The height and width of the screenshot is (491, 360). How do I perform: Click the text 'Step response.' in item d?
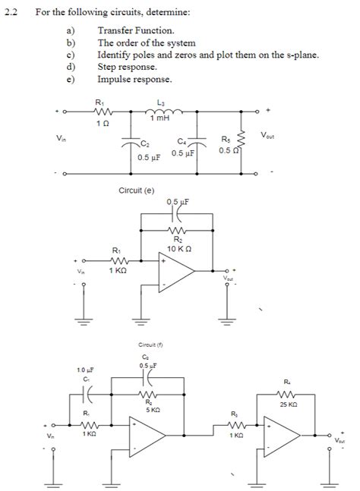pyautogui.click(x=128, y=67)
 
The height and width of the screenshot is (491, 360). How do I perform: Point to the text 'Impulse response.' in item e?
pyautogui.click(x=134, y=79)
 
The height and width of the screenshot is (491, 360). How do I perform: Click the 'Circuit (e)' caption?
pyautogui.click(x=137, y=190)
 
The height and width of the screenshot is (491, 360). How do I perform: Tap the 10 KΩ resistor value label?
pyautogui.click(x=178, y=248)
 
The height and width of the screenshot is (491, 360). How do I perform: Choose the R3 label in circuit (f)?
pyautogui.click(x=234, y=414)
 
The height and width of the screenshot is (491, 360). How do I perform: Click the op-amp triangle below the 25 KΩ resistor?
pyautogui.click(x=282, y=441)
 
